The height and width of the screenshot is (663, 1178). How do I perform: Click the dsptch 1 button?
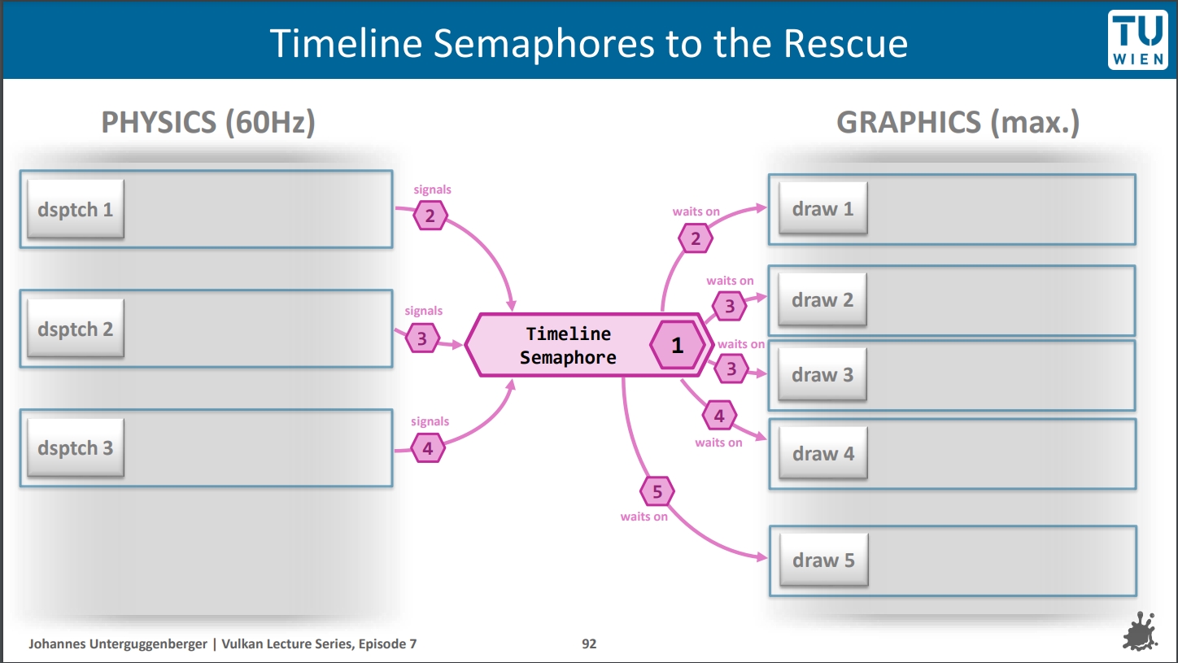tap(75, 209)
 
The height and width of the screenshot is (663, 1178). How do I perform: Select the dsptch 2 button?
tap(75, 329)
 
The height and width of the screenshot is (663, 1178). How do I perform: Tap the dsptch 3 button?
tap(75, 447)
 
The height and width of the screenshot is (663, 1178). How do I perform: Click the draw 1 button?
tap(822, 208)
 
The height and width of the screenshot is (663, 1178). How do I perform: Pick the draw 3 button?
tap(822, 374)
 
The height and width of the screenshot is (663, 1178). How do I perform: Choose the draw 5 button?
tap(823, 560)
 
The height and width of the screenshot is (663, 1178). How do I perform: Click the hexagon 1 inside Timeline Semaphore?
tap(677, 346)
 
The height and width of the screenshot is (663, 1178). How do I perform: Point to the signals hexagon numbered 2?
tap(430, 216)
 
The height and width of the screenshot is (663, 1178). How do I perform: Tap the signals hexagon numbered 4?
tap(428, 447)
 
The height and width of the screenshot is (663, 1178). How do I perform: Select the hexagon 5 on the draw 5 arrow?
tap(657, 491)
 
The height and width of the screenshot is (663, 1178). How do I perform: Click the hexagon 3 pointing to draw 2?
tap(730, 306)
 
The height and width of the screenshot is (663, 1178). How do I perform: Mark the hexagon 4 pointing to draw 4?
tap(719, 417)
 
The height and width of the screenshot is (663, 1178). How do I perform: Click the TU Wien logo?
tap(1137, 39)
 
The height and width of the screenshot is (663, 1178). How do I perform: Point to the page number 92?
tap(589, 643)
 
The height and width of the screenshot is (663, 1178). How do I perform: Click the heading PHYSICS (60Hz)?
tap(208, 122)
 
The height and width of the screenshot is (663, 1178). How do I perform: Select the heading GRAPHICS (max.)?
tap(958, 122)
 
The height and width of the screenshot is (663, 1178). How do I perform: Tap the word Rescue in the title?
tap(845, 43)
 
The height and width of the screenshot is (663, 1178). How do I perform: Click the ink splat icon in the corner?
tap(1144, 631)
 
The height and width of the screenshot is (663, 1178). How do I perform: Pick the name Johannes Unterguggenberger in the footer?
tap(119, 643)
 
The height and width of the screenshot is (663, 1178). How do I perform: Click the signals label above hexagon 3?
tap(424, 311)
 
